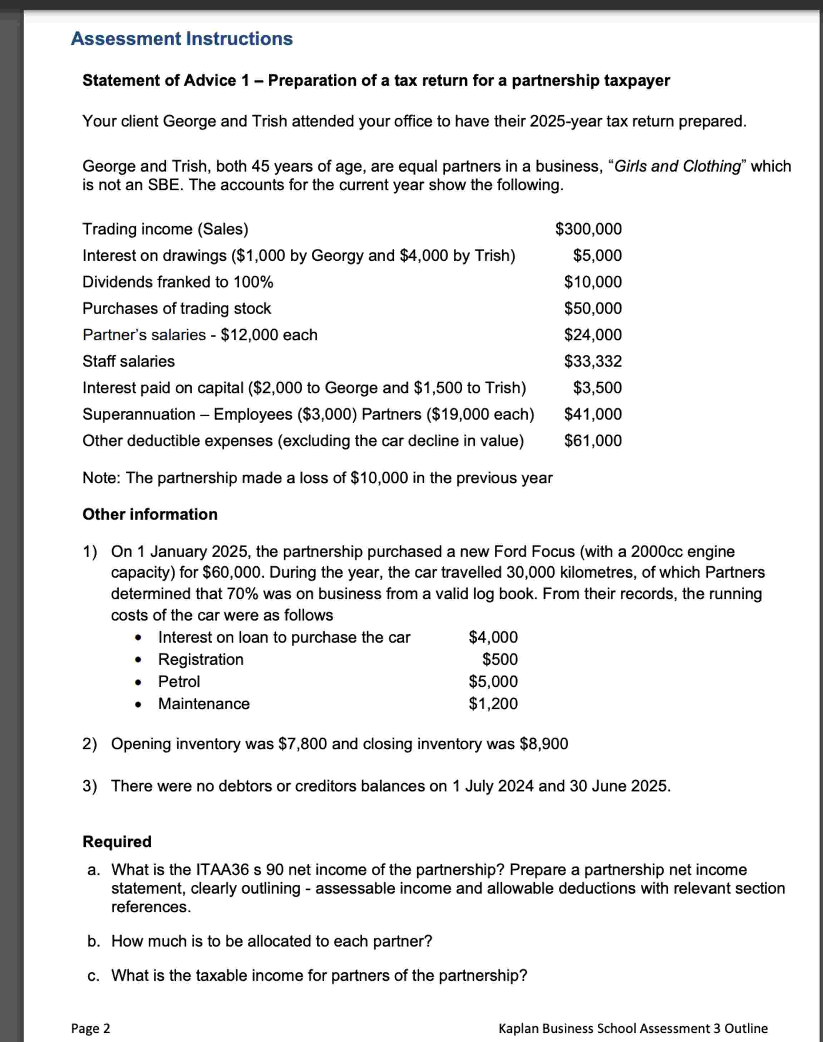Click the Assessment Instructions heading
tap(182, 39)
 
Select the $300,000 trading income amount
tap(588, 229)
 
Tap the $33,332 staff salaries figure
tap(593, 361)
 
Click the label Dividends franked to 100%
tap(178, 282)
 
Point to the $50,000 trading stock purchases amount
tap(593, 308)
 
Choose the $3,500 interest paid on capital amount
tap(597, 388)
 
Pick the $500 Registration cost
tap(500, 660)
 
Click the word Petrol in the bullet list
tap(179, 682)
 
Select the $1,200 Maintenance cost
tap(493, 704)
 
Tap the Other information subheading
tap(150, 514)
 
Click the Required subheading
tap(117, 841)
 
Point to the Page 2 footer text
tap(90, 1028)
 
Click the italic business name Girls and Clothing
tap(677, 166)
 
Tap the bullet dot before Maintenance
tap(138, 704)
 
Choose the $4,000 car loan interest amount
tap(493, 637)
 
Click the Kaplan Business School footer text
tap(633, 1028)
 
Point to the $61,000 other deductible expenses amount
tap(593, 441)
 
